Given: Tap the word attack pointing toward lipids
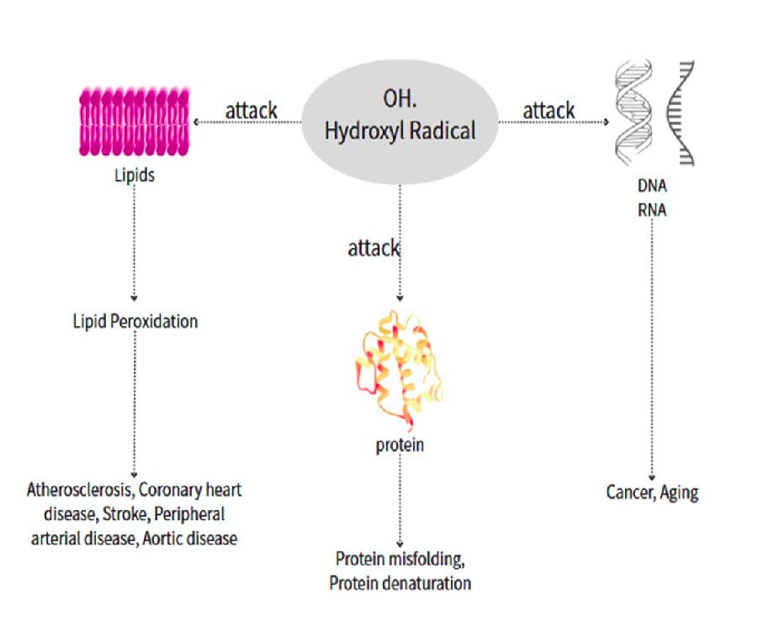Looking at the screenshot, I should (x=251, y=111).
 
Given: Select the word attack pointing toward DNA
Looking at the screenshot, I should (x=548, y=110).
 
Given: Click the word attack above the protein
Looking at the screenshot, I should (x=374, y=249).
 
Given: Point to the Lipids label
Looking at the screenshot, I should (x=134, y=178).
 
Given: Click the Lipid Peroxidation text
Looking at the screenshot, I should (x=135, y=321).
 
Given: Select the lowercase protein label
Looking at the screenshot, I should (x=400, y=445).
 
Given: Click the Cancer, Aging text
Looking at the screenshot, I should (x=653, y=492).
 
